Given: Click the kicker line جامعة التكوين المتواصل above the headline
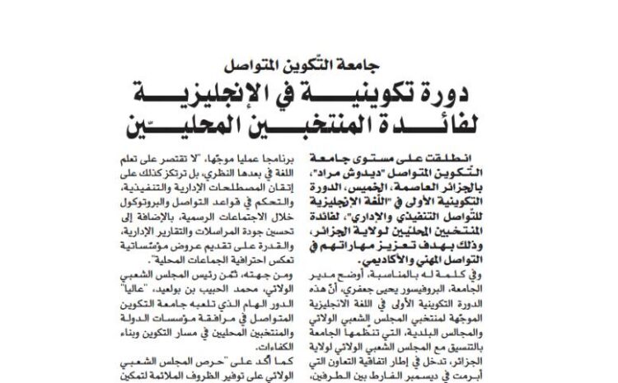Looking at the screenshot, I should [309, 64].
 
